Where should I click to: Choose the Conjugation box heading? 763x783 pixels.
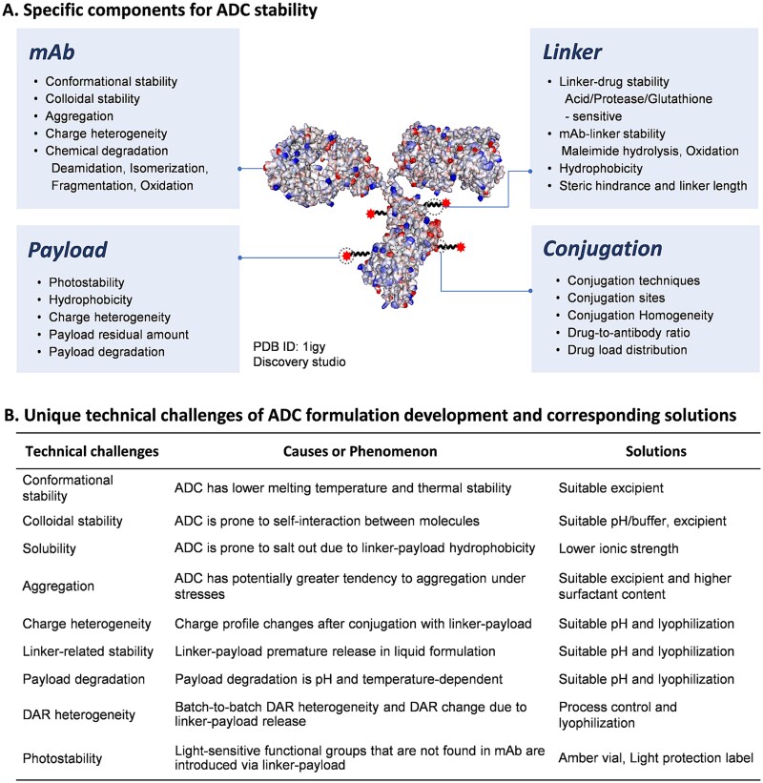coord(603,250)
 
